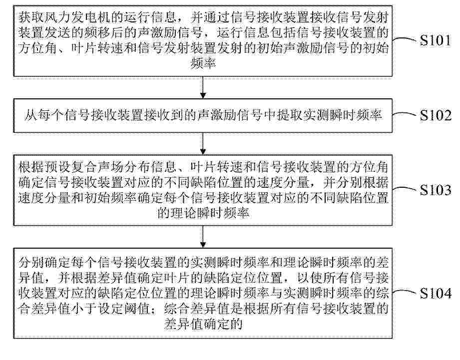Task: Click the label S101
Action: click(435, 40)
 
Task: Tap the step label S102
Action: click(436, 115)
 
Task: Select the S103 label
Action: click(436, 190)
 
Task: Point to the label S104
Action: click(436, 293)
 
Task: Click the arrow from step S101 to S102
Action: click(203, 87)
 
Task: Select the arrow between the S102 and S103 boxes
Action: click(203, 144)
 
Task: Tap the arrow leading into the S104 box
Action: click(203, 237)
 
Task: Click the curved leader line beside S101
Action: click(405, 39)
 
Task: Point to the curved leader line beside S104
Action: click(405, 292)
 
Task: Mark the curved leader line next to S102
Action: click(405, 114)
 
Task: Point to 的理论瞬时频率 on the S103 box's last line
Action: click(203, 213)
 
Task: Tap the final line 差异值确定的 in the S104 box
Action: click(203, 324)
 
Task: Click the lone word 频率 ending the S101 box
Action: click(203, 63)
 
